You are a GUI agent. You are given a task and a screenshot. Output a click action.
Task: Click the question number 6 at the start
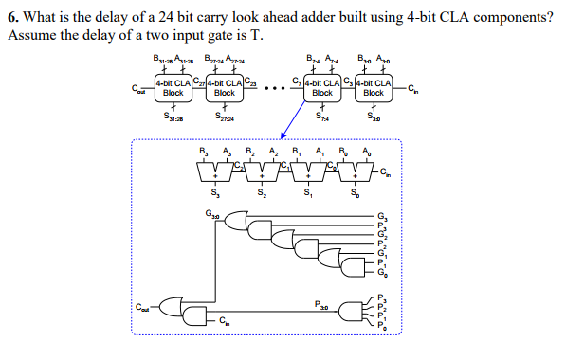11,17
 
